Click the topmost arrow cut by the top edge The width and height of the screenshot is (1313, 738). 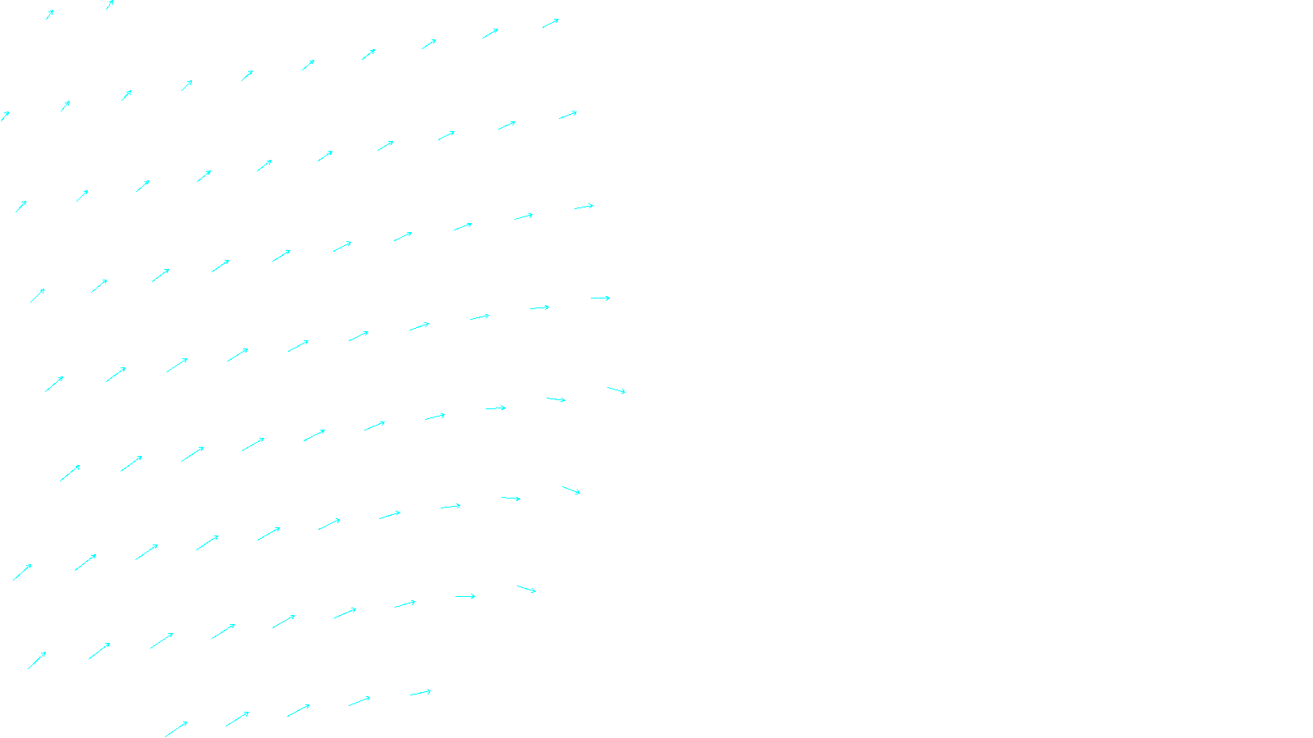point(110,5)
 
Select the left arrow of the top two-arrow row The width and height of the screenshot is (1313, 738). point(50,14)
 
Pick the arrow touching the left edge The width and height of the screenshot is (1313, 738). point(5,116)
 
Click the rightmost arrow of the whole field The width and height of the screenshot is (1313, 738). point(616,390)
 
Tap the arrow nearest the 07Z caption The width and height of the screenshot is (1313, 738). point(420,693)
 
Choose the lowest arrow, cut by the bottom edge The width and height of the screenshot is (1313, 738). point(176,728)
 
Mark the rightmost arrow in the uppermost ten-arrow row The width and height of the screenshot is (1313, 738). point(551,23)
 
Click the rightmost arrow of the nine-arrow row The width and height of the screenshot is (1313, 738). point(526,589)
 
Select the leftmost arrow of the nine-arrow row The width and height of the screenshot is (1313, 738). point(37,659)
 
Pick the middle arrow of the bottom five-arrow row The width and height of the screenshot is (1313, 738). point(298,710)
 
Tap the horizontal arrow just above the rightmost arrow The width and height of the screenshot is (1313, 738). point(600,298)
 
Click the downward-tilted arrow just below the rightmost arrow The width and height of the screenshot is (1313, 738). point(571,490)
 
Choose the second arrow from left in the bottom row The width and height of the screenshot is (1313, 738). point(237,718)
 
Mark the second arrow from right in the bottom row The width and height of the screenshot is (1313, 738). point(359,701)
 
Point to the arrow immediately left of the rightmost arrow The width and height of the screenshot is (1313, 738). point(556,399)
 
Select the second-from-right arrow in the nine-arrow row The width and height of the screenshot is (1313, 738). point(465,596)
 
